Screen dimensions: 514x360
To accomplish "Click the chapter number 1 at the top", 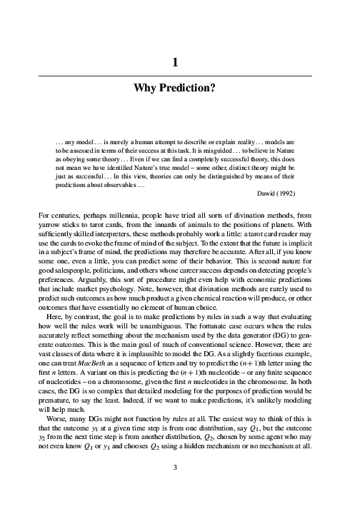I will (x=175, y=63).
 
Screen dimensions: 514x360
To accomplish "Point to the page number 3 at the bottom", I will (x=175, y=488).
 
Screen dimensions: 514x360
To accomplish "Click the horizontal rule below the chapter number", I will (x=175, y=75).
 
